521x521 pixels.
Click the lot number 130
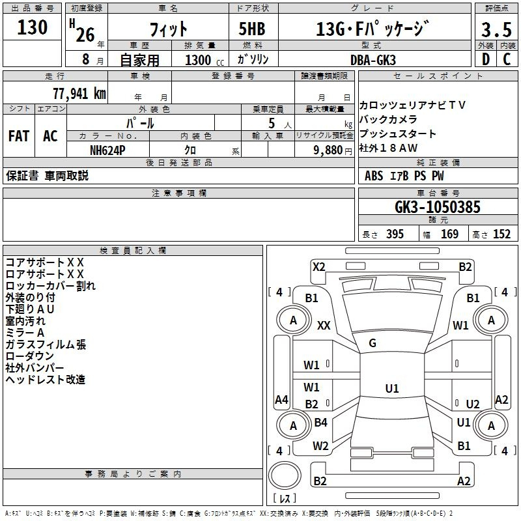pos(32,27)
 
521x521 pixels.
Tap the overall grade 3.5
pos(496,30)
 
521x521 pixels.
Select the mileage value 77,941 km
pos(79,94)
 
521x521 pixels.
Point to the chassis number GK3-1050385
pos(438,207)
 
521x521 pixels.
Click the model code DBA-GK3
pos(373,60)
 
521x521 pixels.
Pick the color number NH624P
pos(107,150)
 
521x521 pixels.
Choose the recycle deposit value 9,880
pos(328,150)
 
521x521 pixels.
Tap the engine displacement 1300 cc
pos(204,60)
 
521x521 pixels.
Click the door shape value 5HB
pos(252,29)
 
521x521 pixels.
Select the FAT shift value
pos(19,136)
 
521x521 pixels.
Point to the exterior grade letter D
pos(486,59)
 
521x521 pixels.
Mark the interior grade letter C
pos(507,59)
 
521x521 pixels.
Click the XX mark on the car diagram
pos(324,325)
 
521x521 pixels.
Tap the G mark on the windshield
pos(373,343)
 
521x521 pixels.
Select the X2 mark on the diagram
pos(318,267)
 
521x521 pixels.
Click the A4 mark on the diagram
pos(281,399)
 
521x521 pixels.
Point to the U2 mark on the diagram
pos(473,404)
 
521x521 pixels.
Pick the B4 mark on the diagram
pos(320,422)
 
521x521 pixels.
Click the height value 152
pos(501,234)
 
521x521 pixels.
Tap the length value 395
pos(395,234)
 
